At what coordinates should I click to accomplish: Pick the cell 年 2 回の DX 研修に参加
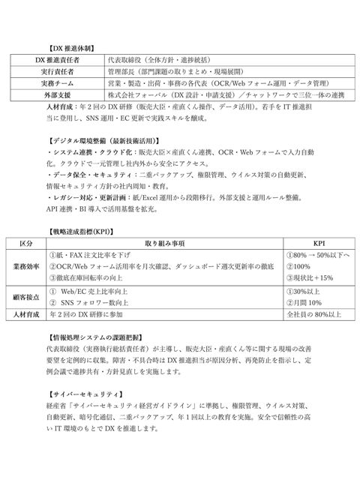coord(91,314)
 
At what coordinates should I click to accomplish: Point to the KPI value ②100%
coord(298,267)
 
